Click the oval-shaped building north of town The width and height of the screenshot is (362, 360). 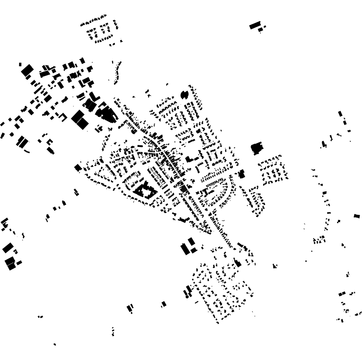tap(184, 94)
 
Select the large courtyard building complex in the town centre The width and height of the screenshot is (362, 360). tap(144, 191)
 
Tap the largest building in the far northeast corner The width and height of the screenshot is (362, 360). tap(255, 25)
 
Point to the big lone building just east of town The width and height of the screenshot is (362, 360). tap(257, 148)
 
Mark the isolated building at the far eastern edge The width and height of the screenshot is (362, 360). tap(357, 216)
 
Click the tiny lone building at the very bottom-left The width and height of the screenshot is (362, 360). tap(54, 344)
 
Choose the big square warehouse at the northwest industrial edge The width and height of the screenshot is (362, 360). tap(27, 71)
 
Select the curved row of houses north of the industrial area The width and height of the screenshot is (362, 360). tap(117, 73)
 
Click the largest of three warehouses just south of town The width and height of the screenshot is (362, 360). tap(185, 249)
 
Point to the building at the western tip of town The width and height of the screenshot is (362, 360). tap(78, 168)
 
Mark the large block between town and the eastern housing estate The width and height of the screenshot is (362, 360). tap(241, 174)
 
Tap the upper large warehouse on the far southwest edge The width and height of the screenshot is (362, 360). tap(8, 248)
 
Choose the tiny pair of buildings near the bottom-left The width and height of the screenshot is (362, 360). tap(40, 317)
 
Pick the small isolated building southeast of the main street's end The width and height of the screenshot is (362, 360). tap(275, 266)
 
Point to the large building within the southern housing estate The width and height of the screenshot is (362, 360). tap(237, 263)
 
